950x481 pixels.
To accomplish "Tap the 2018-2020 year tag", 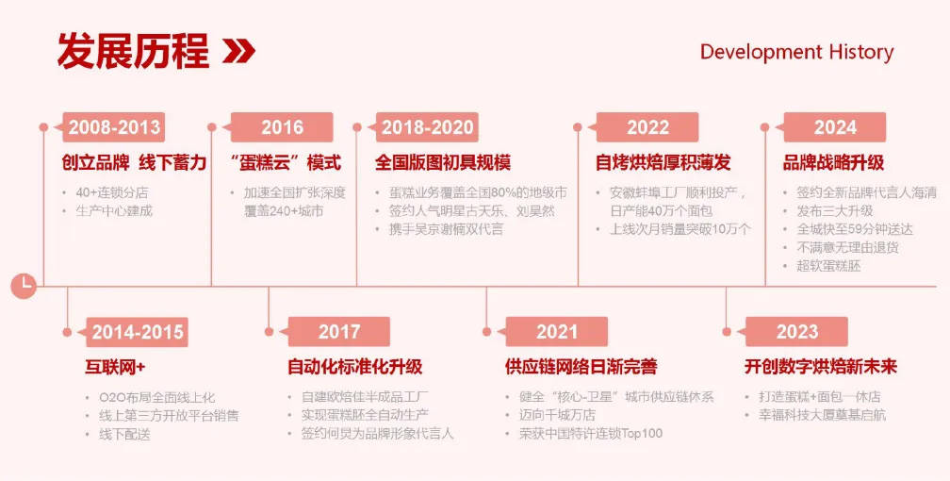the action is pos(423,127).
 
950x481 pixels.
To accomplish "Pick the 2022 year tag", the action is pos(644,127).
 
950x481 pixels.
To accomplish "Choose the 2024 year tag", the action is pos(831,127).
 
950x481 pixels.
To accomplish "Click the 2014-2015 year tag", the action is pos(134,332).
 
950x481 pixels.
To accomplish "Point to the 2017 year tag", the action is pos(336,332).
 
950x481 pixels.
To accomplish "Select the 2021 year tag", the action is pos(553,332).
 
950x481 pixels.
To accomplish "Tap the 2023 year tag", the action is pos(794,332).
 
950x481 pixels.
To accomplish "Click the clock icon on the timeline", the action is pos(24,286).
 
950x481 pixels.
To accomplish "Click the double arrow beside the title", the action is pos(238,52).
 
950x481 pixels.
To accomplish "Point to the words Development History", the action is pos(796,52).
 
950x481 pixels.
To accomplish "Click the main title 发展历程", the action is pos(133,51).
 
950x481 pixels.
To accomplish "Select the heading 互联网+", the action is pos(115,367).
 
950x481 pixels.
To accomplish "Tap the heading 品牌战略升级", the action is pos(834,162).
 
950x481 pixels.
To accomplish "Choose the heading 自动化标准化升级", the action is pos(354,367).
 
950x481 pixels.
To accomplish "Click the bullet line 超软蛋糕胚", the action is pos(828,266).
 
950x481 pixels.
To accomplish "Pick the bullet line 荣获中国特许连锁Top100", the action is pos(591,433).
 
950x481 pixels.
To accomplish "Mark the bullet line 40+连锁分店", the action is pos(112,192).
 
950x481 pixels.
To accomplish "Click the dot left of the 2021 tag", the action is pos(486,332).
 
